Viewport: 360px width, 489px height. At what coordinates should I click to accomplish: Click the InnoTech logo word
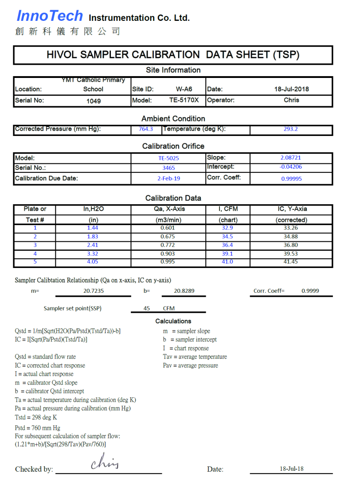tap(50, 16)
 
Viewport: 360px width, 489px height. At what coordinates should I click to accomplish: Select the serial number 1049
tap(94, 101)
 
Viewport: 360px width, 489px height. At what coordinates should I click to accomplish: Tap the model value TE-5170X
tap(184, 100)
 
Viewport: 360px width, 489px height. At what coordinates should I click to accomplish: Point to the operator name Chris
tap(291, 100)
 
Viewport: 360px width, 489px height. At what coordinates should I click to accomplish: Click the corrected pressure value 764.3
tap(146, 129)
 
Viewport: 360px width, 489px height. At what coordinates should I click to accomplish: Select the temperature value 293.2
tap(291, 129)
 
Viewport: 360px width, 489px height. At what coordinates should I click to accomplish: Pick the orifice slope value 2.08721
tap(291, 158)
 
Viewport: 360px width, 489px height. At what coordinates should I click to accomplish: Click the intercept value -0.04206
tap(291, 167)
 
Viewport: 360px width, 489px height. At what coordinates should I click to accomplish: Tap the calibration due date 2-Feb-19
tap(168, 178)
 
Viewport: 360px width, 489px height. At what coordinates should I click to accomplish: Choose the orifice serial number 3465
tap(168, 168)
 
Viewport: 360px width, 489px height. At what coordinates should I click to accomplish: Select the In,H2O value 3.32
tap(93, 254)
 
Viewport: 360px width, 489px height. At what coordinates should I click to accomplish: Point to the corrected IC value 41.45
tap(291, 262)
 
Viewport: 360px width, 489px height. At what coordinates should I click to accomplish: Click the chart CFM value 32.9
tap(227, 228)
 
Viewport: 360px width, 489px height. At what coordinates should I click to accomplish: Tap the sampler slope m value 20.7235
tap(94, 291)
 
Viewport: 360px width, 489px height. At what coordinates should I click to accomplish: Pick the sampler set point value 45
tap(147, 308)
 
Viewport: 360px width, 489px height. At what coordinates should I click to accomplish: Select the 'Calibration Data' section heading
tap(173, 198)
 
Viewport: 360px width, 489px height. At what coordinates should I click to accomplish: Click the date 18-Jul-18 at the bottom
tap(291, 469)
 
